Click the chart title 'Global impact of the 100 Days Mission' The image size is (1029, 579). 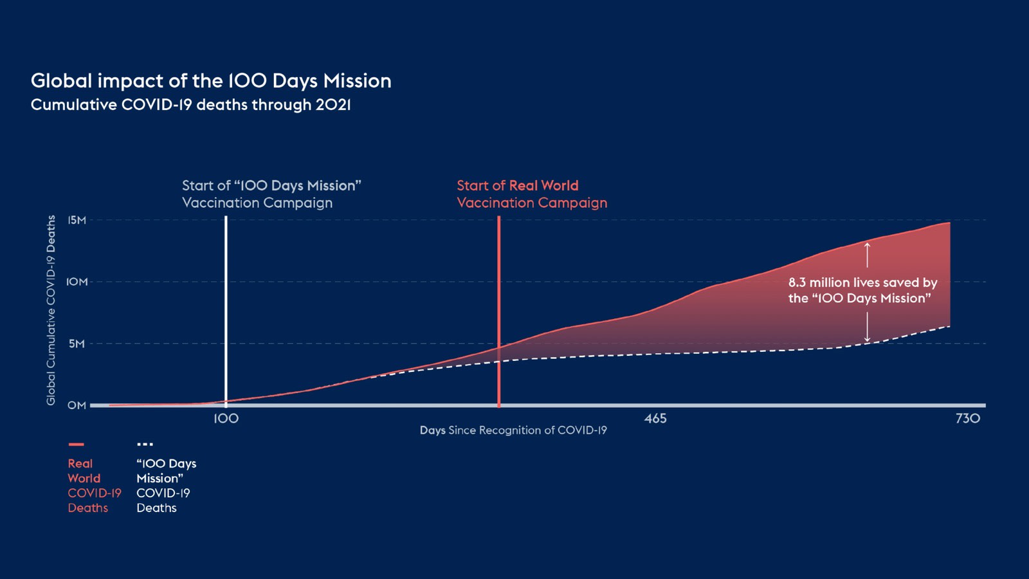coord(211,81)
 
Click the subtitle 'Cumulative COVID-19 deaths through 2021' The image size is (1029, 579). coord(190,105)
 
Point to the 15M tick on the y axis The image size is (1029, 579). coord(77,220)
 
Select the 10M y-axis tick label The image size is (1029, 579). coord(77,282)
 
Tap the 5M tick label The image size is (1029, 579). coord(77,344)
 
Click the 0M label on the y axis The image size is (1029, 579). coord(77,405)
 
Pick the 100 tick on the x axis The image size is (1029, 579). coord(226,419)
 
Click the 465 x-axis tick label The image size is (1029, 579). coord(655,419)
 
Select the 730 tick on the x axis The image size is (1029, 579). coord(968,419)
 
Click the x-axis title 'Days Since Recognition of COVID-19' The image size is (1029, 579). coord(513,430)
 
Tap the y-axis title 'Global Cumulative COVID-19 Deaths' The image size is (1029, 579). coord(51,310)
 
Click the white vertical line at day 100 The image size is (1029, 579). coord(226,311)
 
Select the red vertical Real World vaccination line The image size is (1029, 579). coord(499,311)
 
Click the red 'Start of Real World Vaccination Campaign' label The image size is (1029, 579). coord(532,194)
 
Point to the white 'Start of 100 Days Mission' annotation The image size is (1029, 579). coord(271,194)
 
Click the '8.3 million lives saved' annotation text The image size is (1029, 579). coord(862,290)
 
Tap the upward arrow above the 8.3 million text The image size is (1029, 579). coord(868,255)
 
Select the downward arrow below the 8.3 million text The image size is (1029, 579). coord(868,327)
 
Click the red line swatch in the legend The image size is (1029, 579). coord(77,445)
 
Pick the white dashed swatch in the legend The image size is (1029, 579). coord(145,445)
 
